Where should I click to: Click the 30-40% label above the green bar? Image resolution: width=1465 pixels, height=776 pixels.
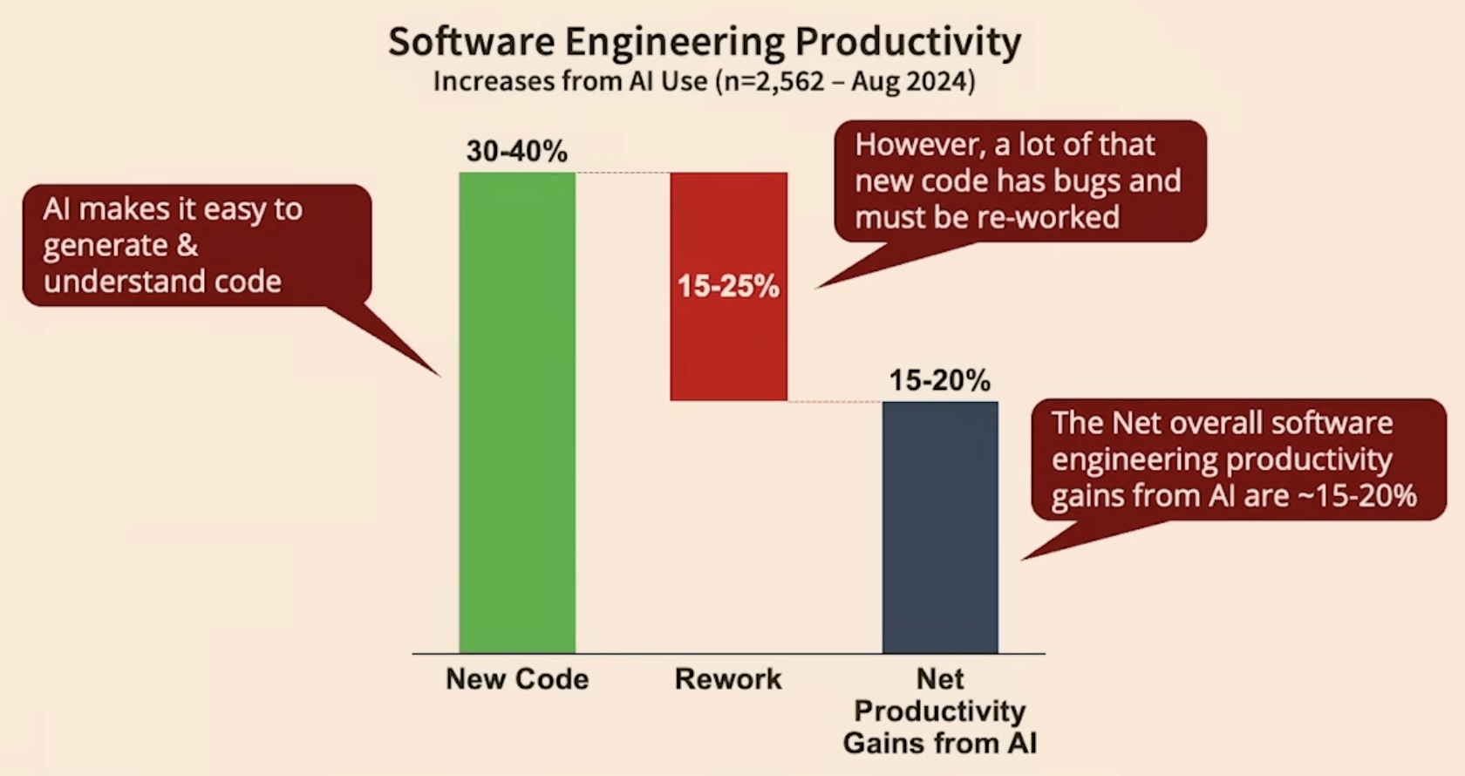516,151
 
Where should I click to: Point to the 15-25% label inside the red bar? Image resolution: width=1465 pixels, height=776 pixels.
728,286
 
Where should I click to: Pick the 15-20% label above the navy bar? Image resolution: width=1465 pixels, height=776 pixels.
939,380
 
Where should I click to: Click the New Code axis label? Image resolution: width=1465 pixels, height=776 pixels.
517,678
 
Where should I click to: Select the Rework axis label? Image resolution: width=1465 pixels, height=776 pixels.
728,678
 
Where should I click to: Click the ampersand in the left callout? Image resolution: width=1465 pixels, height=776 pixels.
187,245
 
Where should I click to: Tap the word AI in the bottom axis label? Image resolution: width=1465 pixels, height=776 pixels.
1021,743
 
